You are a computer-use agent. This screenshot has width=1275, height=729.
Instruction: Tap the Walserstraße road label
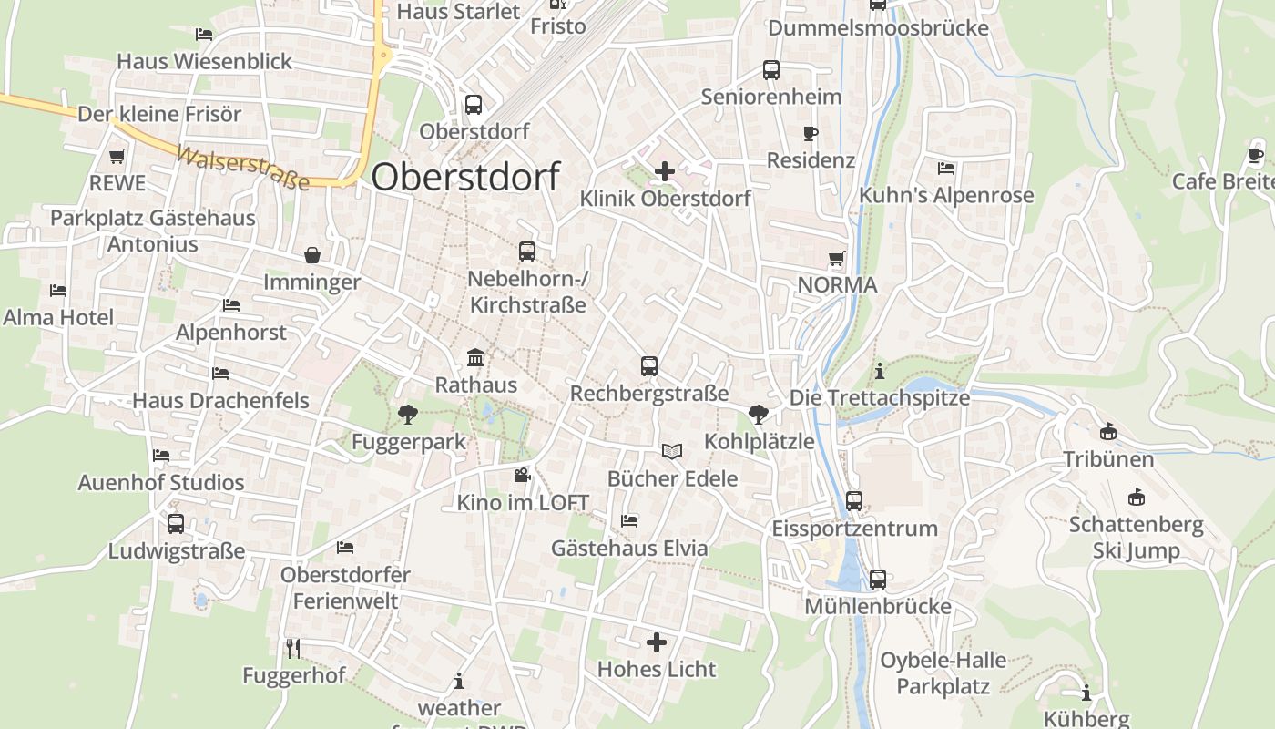(242, 169)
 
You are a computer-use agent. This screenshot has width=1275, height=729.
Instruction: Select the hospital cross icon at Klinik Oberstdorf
(665, 170)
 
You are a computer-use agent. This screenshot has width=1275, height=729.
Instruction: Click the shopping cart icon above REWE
(117, 157)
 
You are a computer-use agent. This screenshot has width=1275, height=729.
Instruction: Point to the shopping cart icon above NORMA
(836, 259)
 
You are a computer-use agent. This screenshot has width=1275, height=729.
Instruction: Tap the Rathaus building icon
(474, 357)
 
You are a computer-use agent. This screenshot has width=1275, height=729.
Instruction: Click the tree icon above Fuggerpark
(408, 415)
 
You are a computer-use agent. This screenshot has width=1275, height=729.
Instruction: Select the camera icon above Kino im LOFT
(522, 475)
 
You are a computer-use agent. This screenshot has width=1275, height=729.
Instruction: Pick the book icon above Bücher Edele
(672, 451)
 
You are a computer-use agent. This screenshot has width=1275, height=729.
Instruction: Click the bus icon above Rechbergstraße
(649, 366)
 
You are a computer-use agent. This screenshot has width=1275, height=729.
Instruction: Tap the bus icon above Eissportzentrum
(853, 500)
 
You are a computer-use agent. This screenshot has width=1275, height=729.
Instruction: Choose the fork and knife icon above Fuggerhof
(293, 648)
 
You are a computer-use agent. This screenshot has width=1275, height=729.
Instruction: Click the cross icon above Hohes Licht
(657, 642)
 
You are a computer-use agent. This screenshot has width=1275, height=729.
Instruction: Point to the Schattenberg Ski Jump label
(1136, 538)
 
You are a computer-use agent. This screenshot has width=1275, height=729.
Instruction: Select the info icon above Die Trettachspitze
(879, 371)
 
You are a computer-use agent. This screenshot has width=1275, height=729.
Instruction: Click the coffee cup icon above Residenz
(810, 134)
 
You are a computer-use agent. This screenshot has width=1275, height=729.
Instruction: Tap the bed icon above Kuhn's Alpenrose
(946, 169)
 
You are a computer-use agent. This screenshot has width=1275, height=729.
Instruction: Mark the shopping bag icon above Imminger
(312, 255)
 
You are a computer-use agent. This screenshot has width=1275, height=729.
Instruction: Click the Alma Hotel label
(58, 317)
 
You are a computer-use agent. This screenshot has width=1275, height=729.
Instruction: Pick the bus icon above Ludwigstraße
(176, 524)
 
